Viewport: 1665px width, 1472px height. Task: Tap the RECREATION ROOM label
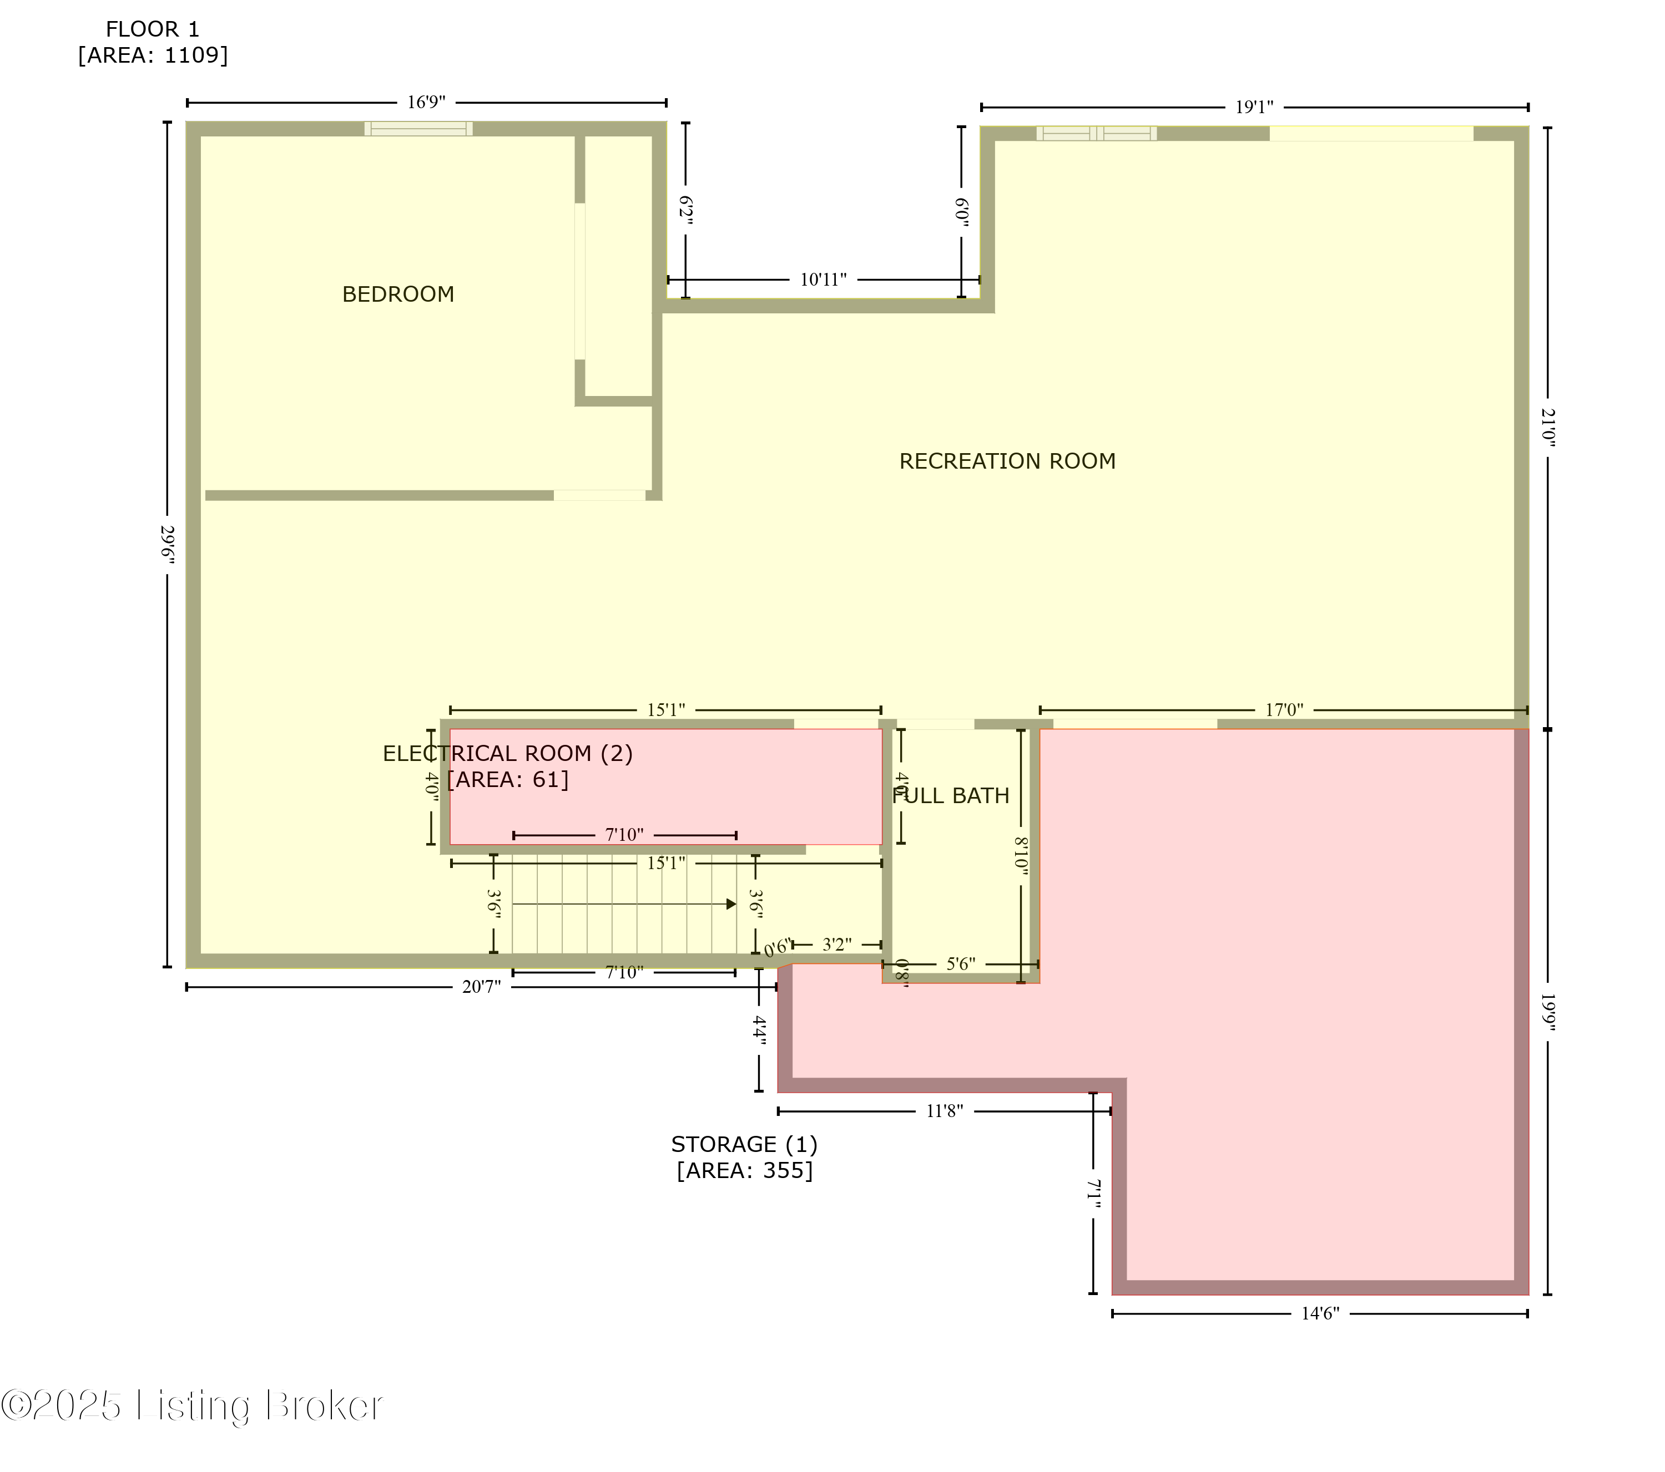pyautogui.click(x=1007, y=461)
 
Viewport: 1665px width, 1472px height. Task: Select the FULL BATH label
pyautogui.click(x=951, y=795)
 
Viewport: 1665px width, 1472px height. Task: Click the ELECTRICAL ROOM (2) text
pyautogui.click(x=507, y=753)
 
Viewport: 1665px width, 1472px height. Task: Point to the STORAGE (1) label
pyautogui.click(x=744, y=1144)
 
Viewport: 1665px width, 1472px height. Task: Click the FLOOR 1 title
pyautogui.click(x=152, y=29)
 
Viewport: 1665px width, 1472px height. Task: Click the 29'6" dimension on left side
pyautogui.click(x=168, y=544)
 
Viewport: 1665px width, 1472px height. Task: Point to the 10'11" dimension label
pyautogui.click(x=823, y=280)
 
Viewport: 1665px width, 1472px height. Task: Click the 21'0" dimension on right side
pyautogui.click(x=1548, y=428)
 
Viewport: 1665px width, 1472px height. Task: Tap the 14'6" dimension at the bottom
pyautogui.click(x=1320, y=1313)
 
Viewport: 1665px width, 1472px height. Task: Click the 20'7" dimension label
pyautogui.click(x=481, y=987)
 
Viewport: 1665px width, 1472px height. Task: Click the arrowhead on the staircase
pyautogui.click(x=731, y=903)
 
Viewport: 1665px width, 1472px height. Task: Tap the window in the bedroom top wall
pyautogui.click(x=418, y=129)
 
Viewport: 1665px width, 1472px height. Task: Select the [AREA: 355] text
pyautogui.click(x=744, y=1170)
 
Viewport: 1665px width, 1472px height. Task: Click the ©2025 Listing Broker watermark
pyautogui.click(x=191, y=1405)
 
